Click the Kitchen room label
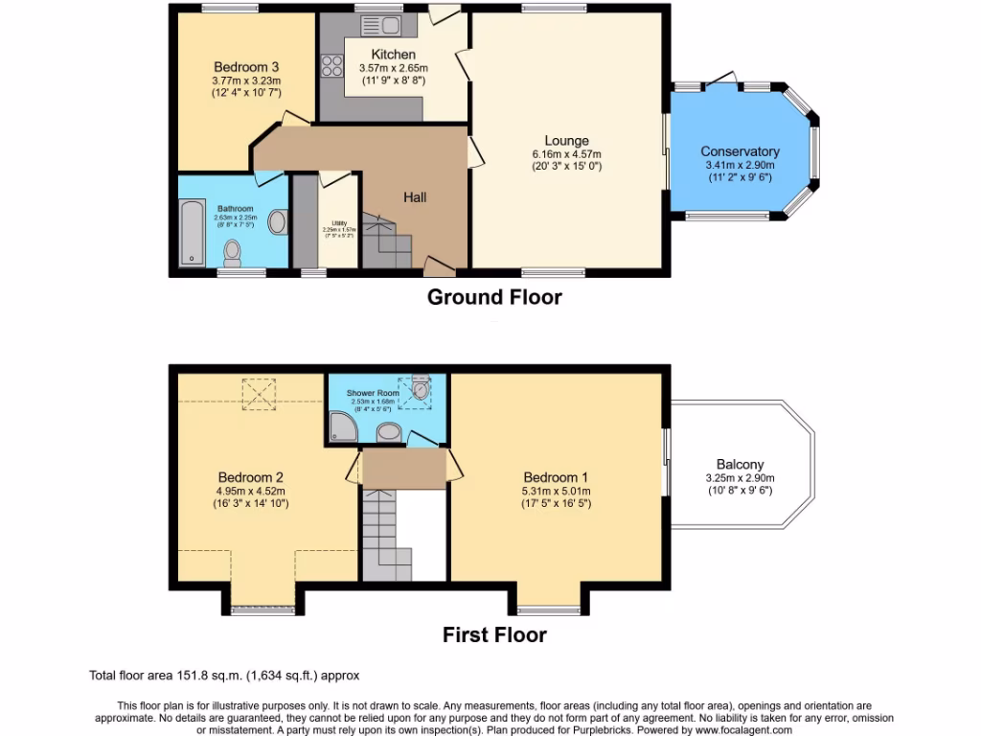click(x=393, y=55)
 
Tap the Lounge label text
click(x=567, y=141)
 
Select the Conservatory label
click(x=740, y=151)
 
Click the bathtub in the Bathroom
click(x=192, y=232)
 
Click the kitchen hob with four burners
click(x=332, y=65)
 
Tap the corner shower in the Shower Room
click(x=340, y=428)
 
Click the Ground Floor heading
click(x=494, y=297)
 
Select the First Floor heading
click(x=494, y=634)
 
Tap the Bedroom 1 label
click(x=556, y=477)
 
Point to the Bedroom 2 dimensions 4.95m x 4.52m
click(x=250, y=491)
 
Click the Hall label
click(x=415, y=197)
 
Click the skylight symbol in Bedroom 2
click(x=258, y=392)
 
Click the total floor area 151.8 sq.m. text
click(x=224, y=675)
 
